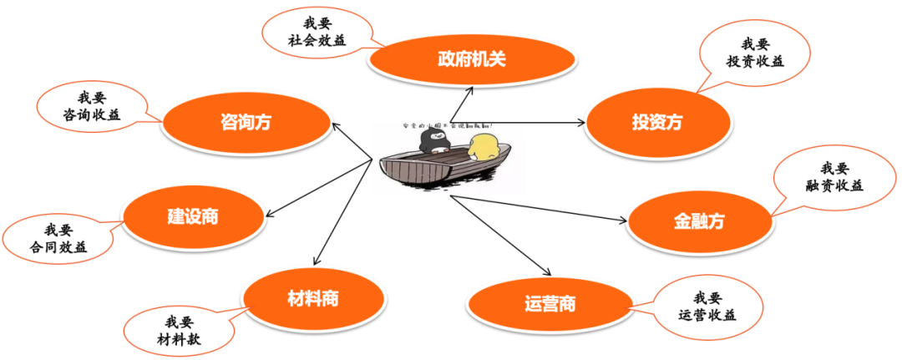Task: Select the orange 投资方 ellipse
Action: click(x=656, y=122)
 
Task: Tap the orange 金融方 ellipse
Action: click(x=698, y=221)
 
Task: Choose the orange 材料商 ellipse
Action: click(x=313, y=297)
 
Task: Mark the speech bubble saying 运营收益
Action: click(x=707, y=306)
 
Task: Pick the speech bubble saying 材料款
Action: click(x=180, y=330)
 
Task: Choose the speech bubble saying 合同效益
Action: click(x=58, y=238)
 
